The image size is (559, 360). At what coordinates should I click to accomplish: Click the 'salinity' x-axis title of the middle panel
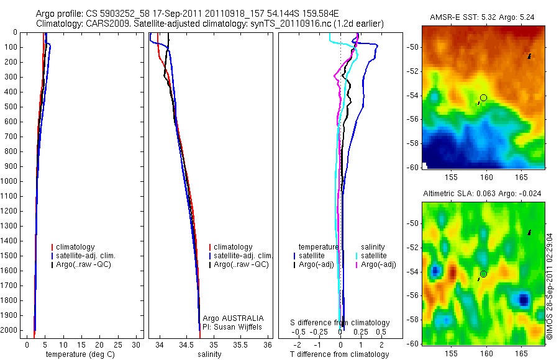click(x=209, y=354)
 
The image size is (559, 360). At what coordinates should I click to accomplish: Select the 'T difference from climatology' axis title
click(x=339, y=354)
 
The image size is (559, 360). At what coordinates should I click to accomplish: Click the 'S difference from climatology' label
click(x=340, y=323)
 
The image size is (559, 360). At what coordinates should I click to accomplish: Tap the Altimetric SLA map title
click(x=482, y=194)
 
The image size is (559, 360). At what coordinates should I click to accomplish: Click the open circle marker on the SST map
click(x=483, y=97)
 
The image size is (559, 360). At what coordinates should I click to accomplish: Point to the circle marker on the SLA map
click(x=483, y=274)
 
